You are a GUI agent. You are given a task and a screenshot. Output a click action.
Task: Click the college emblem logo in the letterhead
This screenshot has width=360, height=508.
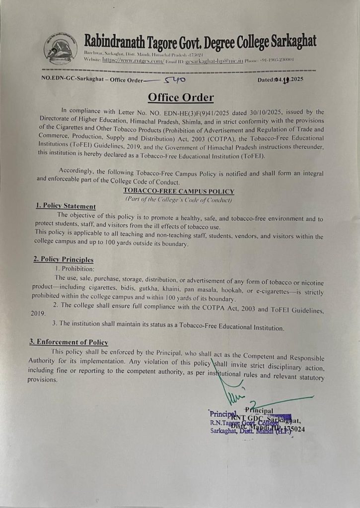(60, 49)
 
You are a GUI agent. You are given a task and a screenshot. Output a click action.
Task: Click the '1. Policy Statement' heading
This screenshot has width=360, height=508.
(66, 206)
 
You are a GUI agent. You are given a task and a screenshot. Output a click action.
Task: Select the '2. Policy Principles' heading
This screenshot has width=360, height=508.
(63, 259)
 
